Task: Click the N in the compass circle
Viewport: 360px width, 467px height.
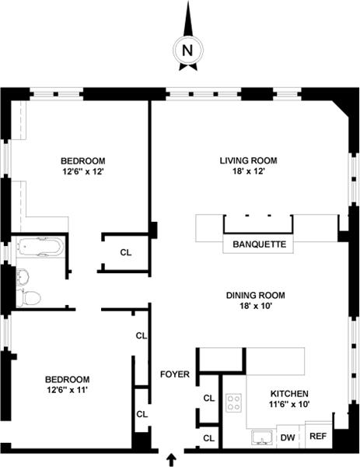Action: tap(187, 51)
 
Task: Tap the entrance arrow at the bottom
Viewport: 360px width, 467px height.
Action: tap(171, 459)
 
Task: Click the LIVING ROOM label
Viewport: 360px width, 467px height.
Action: tap(249, 160)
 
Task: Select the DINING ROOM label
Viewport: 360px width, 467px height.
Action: tap(256, 295)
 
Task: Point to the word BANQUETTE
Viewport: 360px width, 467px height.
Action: tap(259, 244)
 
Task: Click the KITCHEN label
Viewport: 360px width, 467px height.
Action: tap(289, 393)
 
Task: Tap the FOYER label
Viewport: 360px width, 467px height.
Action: tap(175, 374)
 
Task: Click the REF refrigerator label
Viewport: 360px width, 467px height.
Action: tap(318, 436)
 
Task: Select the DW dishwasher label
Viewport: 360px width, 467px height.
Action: tap(288, 437)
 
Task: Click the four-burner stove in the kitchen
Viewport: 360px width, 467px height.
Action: tap(233, 403)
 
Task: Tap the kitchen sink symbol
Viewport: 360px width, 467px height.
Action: tap(262, 437)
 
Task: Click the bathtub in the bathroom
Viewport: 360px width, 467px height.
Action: tap(40, 247)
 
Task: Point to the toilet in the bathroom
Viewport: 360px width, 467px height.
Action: tap(29, 297)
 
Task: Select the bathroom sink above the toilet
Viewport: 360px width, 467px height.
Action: tap(23, 276)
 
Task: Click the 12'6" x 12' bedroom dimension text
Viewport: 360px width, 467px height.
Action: tap(83, 172)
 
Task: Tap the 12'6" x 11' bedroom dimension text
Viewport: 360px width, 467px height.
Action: tap(67, 390)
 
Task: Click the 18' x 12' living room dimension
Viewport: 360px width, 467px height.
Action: tap(249, 171)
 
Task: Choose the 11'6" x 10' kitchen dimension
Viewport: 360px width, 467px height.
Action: tap(289, 404)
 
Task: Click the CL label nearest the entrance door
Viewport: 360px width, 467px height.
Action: tap(209, 438)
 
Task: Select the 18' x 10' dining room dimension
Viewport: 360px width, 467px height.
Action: tap(256, 306)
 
